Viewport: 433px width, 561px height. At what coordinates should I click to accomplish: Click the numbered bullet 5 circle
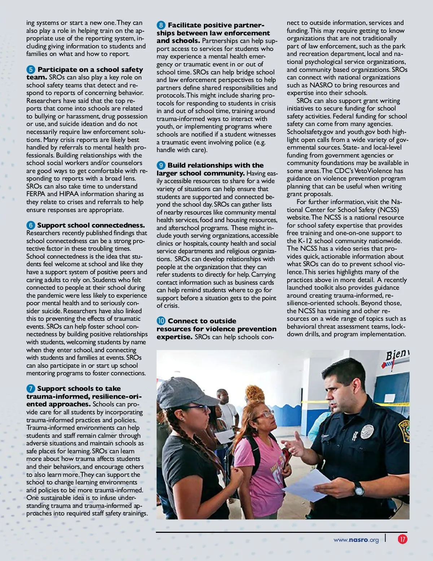[31, 69]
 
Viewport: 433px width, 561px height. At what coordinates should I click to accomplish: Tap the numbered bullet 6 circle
[31, 225]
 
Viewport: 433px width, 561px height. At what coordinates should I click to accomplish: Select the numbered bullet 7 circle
[31, 389]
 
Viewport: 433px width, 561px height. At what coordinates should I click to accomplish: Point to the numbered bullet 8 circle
[161, 25]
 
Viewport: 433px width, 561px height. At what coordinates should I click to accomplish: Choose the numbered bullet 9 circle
[161, 165]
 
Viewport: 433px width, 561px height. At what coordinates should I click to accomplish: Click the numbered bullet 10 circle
[161, 321]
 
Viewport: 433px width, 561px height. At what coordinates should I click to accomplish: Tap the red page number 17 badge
[402, 539]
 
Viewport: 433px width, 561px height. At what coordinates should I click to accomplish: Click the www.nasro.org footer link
[356, 540]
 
